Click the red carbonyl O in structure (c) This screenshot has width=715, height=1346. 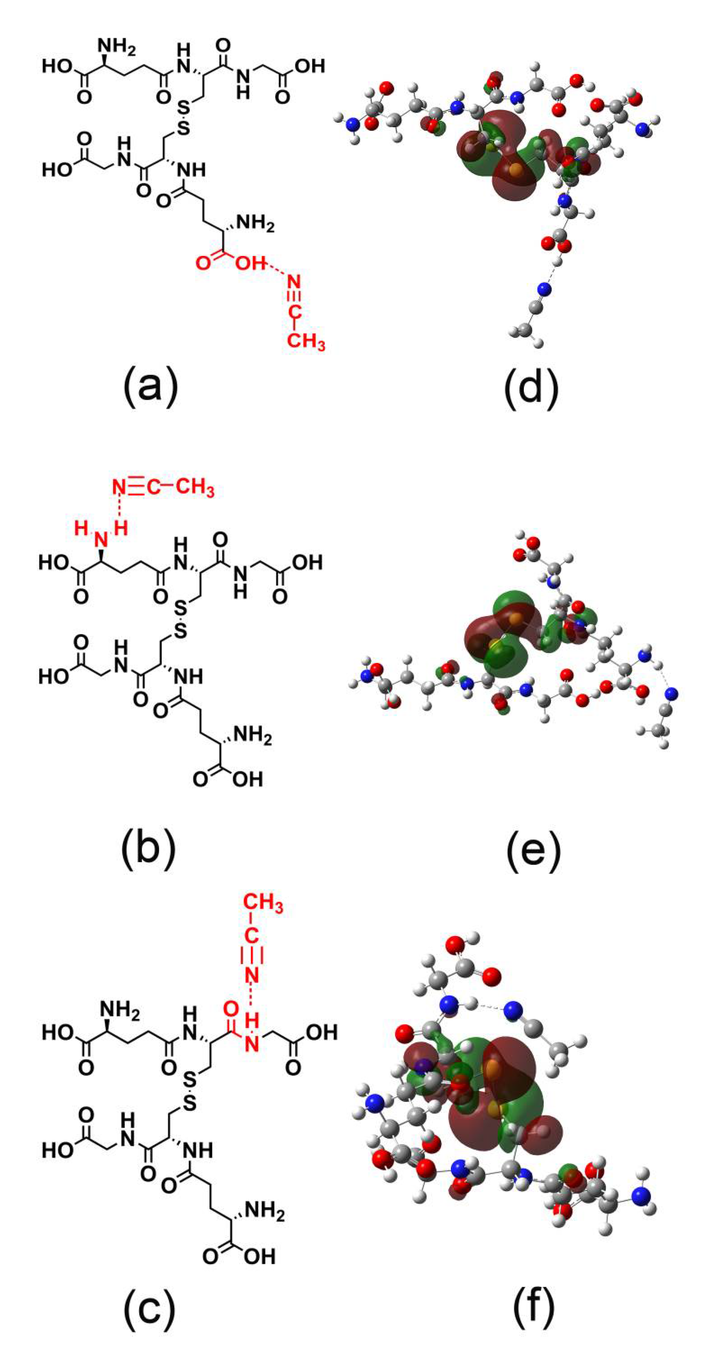pyautogui.click(x=231, y=1009)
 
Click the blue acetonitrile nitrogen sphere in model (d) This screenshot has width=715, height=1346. pyautogui.click(x=545, y=288)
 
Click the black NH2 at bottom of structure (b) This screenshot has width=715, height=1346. pyautogui.click(x=252, y=736)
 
